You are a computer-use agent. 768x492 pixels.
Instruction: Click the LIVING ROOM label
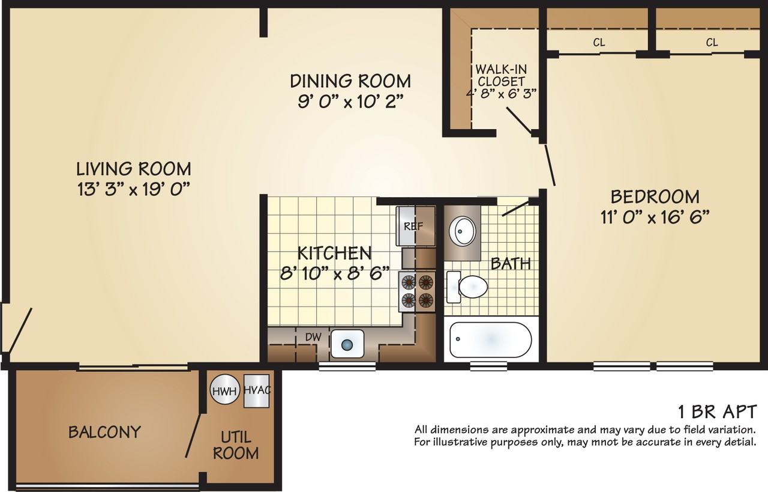coord(133,169)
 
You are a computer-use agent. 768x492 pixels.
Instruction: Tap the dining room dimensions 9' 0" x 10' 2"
coord(350,102)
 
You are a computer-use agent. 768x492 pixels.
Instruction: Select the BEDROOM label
coord(655,197)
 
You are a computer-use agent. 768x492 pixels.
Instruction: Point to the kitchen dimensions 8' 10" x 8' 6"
coord(335,274)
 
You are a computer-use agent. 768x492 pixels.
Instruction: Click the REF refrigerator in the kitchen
coord(416,226)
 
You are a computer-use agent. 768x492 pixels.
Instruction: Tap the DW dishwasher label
coord(313,337)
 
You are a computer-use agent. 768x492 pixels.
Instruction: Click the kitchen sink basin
coord(347,344)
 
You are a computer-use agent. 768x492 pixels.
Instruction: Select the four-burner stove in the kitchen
coord(417,292)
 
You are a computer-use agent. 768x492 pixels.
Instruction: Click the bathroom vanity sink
coord(462,231)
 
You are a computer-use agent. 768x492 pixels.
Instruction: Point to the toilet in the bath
coord(467,287)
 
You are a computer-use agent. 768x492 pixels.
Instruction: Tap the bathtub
coord(491,339)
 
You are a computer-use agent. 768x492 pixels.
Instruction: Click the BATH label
coord(511,264)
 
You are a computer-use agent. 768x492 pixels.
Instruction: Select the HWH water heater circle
coord(224,390)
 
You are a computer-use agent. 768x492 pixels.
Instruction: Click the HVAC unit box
coord(256,390)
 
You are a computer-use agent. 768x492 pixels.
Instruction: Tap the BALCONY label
coord(104,431)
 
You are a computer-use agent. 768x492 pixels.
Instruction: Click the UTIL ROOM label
coord(236,445)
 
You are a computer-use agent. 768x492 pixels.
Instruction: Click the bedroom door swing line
coord(550,165)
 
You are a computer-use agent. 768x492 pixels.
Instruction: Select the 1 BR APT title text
coord(717,412)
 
